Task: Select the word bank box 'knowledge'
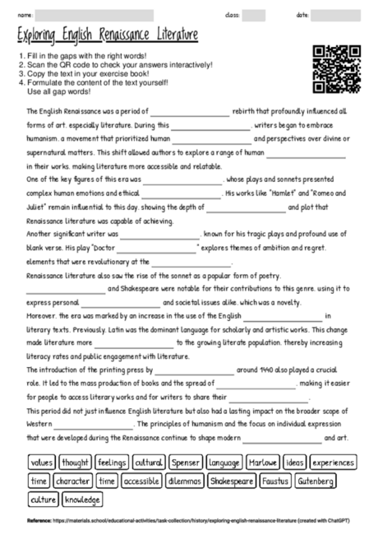tap(82, 499)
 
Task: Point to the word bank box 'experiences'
tap(334, 463)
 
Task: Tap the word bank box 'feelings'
tap(111, 463)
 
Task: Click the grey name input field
tap(94, 15)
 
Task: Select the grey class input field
tap(254, 15)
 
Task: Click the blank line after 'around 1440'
tap(192, 371)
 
